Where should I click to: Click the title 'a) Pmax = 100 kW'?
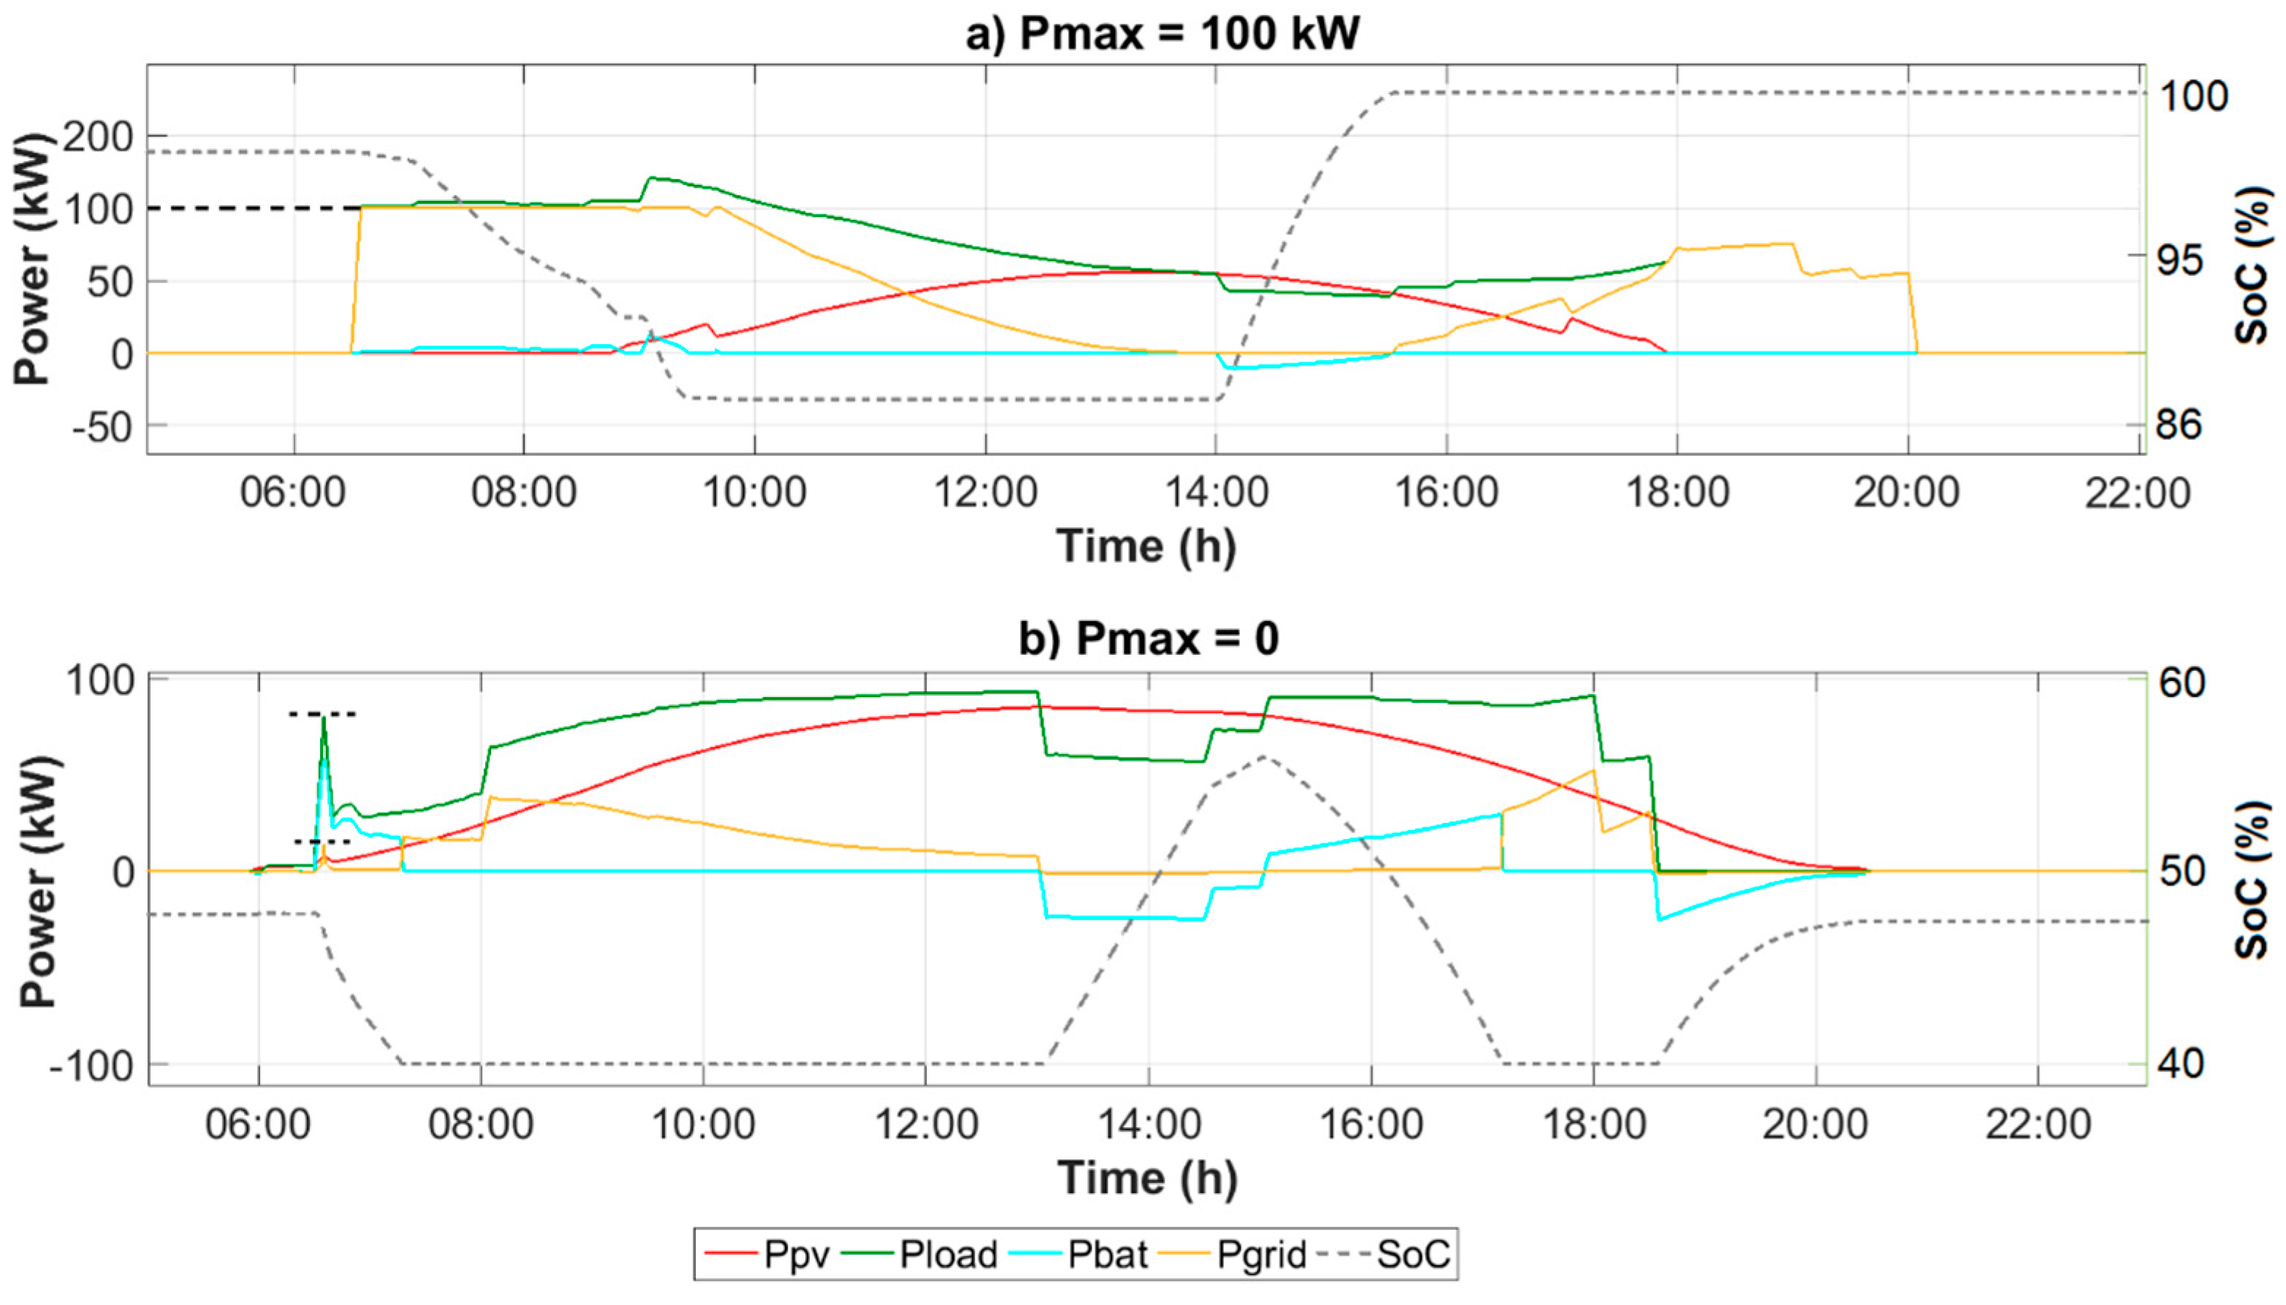[1162, 34]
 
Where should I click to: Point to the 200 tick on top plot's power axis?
[96, 137]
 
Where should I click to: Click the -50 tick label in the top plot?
[102, 427]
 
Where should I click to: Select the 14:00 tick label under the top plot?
[1217, 493]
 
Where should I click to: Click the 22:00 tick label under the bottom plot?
[2038, 1124]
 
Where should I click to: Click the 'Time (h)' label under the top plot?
[1146, 546]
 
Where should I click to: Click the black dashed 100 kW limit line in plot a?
[251, 208]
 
